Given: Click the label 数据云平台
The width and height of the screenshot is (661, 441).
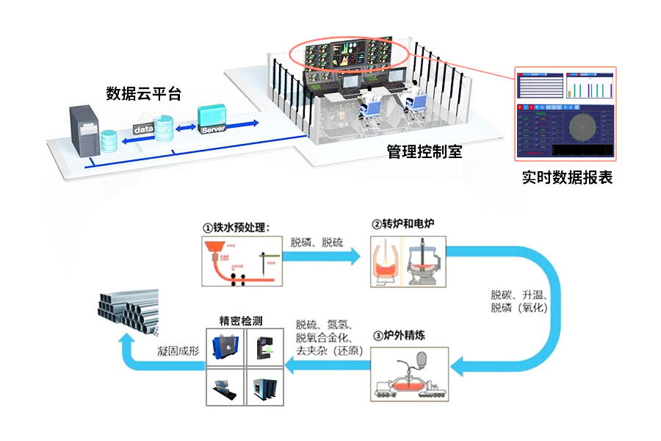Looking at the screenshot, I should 143,93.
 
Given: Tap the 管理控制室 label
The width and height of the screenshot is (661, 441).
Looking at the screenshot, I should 425,152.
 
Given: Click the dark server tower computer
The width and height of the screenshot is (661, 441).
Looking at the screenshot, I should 83,130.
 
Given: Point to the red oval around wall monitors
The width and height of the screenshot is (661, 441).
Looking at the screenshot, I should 348,54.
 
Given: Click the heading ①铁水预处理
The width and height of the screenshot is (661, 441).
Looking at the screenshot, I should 237,226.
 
